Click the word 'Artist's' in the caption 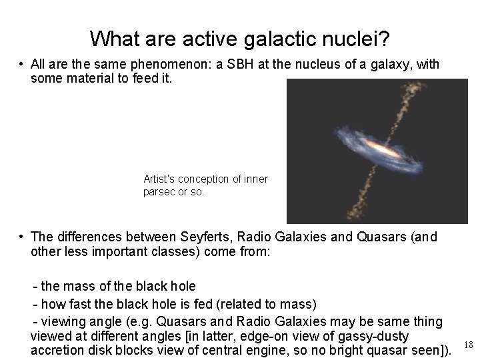click(x=161, y=179)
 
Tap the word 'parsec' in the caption click(x=159, y=192)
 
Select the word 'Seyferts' click(x=205, y=237)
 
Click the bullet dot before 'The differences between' click(x=22, y=237)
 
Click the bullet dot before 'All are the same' click(x=22, y=65)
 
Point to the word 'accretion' click(x=58, y=351)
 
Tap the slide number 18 click(x=468, y=345)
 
